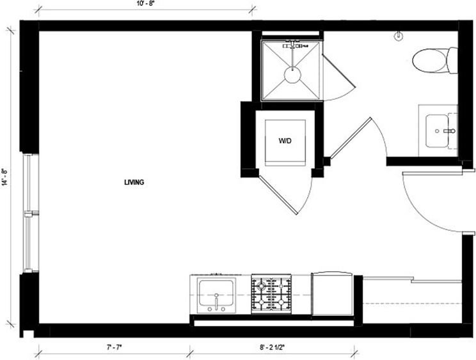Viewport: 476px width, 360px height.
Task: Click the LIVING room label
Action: click(134, 182)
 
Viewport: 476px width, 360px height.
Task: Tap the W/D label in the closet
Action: click(285, 141)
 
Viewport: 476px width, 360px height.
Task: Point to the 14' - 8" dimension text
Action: click(5, 177)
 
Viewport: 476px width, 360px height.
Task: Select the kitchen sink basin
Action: click(216, 294)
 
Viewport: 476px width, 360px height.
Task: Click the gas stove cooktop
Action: click(273, 294)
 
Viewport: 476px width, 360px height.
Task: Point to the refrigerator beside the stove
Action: click(331, 295)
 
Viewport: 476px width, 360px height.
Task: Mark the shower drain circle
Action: click(292, 75)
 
